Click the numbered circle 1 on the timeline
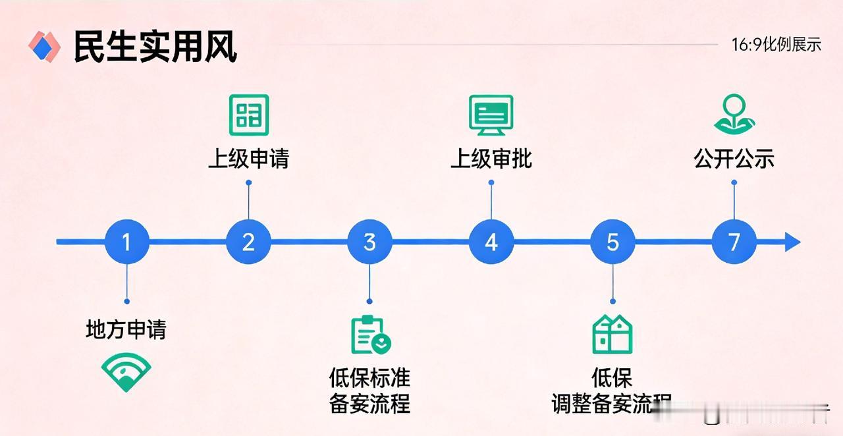126,242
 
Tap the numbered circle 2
248,242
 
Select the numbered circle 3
369,242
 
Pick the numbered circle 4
491,242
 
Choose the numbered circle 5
612,242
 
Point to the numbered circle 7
734,242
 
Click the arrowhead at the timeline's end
792,242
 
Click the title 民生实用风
155,47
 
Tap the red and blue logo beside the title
44,46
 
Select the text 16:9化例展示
776,45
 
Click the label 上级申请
248,159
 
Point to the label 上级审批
491,159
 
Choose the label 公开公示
734,159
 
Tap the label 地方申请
126,329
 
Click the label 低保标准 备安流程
369,390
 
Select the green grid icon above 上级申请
248,115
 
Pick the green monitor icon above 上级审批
491,115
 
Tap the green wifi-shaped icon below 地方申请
126,371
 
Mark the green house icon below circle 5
612,335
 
